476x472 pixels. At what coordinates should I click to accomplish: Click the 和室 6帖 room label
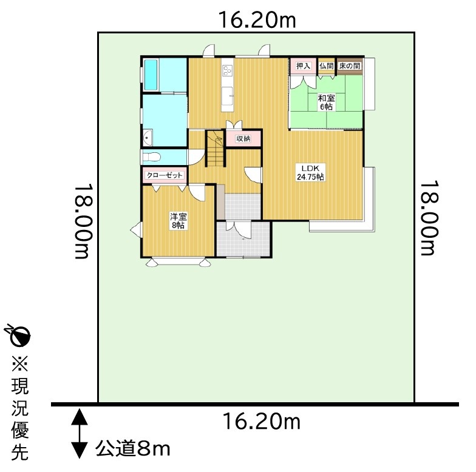pos(327,103)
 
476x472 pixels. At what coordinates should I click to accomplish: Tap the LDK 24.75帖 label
pos(310,172)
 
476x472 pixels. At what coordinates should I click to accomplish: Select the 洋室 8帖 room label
pos(178,221)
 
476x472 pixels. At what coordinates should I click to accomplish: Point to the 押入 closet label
pos(304,66)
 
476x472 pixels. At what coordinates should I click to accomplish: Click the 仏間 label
pos(327,66)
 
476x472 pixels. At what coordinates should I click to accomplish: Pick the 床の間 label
pos(350,66)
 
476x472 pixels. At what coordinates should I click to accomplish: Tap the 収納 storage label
pos(243,138)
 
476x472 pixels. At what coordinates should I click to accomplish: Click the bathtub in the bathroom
pos(151,75)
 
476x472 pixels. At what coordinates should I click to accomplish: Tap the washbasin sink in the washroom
pos(148,138)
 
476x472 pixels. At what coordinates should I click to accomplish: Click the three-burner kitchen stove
pos(228,71)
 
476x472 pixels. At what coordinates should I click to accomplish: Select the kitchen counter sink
pos(227,96)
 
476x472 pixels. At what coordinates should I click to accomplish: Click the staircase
pos(216,148)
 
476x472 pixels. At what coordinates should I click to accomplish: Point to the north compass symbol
pos(18,336)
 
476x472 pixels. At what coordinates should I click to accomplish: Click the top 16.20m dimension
pos(257,20)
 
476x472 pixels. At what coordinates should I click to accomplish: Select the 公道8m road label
pos(132,449)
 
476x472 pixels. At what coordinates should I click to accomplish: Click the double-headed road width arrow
pos(79,433)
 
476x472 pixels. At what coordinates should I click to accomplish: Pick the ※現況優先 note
pos(20,408)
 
